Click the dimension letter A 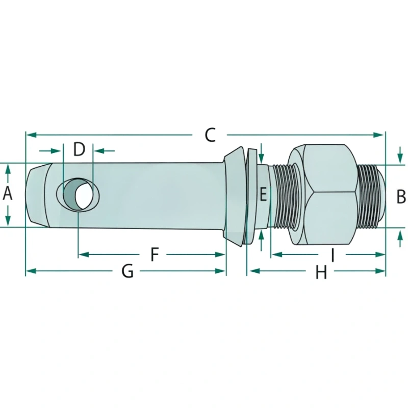point(8,194)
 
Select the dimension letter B point(401,195)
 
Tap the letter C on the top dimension point(210,135)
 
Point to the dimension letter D point(79,150)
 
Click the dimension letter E point(263,194)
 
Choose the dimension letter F point(156,254)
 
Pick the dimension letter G point(127,271)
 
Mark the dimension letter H point(321,273)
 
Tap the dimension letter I point(333,254)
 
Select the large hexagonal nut point(322,194)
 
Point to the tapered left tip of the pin point(36,194)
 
